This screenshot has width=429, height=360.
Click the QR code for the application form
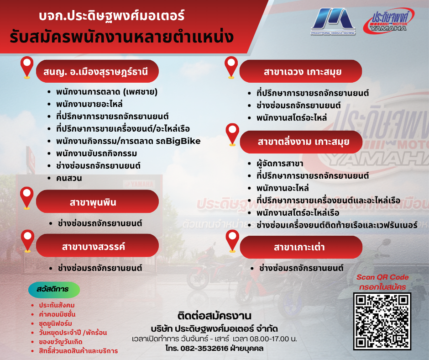(382, 321)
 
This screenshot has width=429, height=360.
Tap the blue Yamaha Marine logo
(333, 21)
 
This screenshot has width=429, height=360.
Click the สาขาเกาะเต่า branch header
(301, 247)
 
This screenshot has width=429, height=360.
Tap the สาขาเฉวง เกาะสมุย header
(300, 71)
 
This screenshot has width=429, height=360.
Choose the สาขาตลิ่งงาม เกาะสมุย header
(301, 142)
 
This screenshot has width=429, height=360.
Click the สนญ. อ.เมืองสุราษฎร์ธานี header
(97, 71)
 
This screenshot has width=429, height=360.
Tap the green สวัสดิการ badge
(54, 290)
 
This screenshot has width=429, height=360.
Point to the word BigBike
(183, 141)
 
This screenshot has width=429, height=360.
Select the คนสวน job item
(69, 178)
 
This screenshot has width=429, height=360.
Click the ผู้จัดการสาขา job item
(280, 164)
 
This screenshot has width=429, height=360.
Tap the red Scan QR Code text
(382, 277)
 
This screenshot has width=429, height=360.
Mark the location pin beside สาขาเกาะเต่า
(232, 241)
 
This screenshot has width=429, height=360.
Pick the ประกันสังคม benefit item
(57, 305)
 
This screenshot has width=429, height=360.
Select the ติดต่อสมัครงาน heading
(214, 316)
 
